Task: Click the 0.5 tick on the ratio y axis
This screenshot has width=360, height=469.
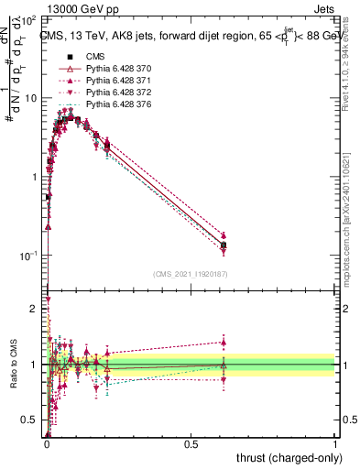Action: (x=32, y=420)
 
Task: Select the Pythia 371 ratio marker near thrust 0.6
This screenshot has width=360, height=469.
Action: (x=224, y=342)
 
